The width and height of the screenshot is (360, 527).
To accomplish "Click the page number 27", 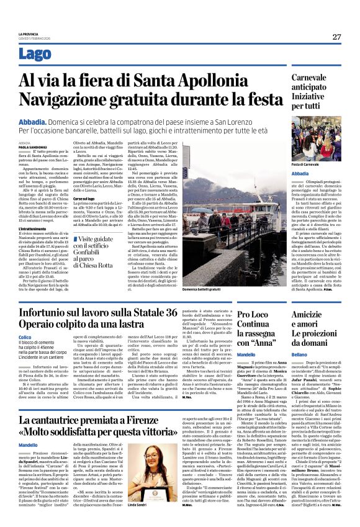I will pyautogui.click(x=336, y=37).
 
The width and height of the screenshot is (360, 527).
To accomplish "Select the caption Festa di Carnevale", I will pyautogui.click(x=306, y=163).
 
